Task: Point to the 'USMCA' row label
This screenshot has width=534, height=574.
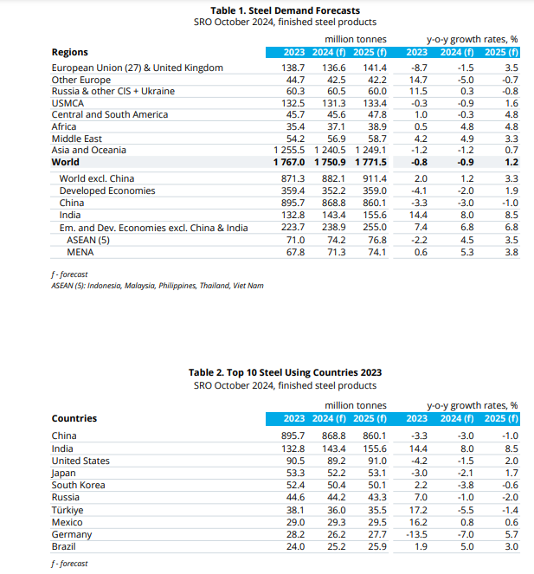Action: point(70,103)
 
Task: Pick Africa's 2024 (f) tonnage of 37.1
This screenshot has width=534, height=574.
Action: point(332,126)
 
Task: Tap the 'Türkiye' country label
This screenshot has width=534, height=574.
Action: point(68,511)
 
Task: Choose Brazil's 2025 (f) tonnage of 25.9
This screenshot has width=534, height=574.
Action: point(374,547)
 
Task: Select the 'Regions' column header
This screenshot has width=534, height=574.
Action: point(70,53)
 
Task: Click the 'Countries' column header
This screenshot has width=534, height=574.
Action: point(74,419)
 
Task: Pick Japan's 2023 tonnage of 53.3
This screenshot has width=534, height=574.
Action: point(293,474)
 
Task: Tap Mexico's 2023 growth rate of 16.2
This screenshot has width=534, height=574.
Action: point(418,523)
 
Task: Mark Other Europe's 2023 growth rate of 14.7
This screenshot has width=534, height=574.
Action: point(418,80)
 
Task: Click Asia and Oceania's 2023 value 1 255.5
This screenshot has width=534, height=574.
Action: point(288,150)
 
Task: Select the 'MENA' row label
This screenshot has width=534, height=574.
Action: point(80,252)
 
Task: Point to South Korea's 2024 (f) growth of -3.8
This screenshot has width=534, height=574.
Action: point(462,486)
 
